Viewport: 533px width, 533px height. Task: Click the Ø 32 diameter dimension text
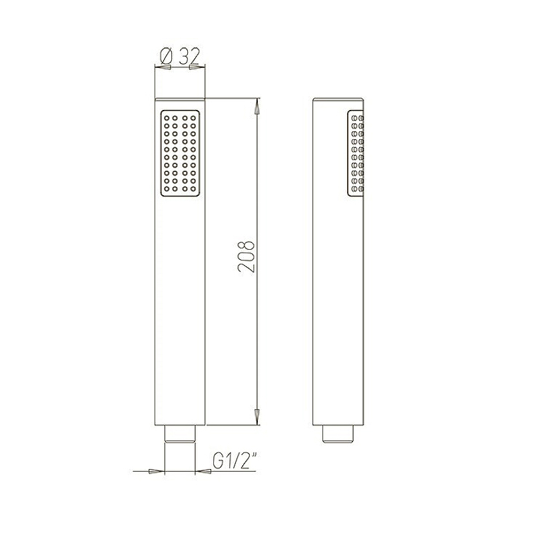[x=179, y=57]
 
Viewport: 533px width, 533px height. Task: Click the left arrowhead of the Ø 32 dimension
[x=163, y=67]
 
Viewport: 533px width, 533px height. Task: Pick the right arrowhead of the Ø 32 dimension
[x=197, y=67]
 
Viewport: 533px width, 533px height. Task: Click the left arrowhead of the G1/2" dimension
[x=157, y=471]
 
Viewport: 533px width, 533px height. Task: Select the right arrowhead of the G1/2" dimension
[x=203, y=471]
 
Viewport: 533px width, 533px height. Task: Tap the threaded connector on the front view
[x=180, y=434]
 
